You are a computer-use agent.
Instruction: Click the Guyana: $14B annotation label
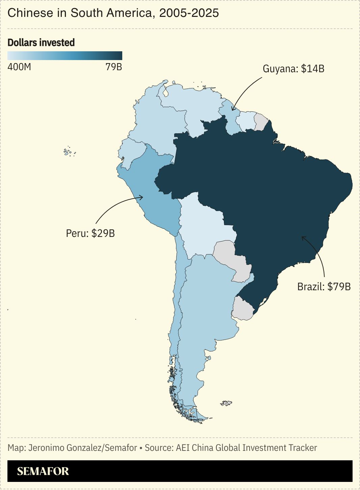click(x=293, y=69)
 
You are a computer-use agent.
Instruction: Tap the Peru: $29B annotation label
click(x=90, y=233)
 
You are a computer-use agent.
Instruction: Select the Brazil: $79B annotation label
click(x=324, y=287)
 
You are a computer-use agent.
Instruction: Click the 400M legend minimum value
click(x=19, y=67)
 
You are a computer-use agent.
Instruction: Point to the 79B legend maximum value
click(x=113, y=67)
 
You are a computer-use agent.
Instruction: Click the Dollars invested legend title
click(x=41, y=43)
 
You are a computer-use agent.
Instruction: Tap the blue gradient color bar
click(x=65, y=56)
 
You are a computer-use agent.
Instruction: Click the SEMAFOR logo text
click(x=43, y=471)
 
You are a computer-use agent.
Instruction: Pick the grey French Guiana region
click(x=261, y=121)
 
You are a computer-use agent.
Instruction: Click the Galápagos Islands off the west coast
click(x=69, y=152)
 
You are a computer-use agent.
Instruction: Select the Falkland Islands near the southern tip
click(x=226, y=403)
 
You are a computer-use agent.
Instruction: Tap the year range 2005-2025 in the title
click(x=189, y=13)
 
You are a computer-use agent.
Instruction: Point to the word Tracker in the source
click(x=303, y=448)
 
